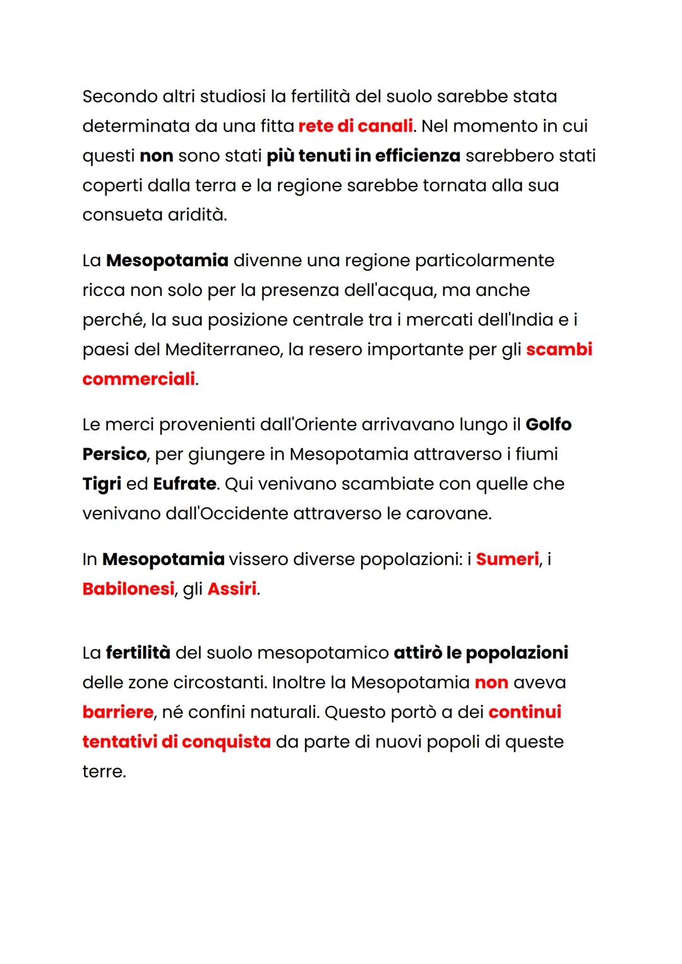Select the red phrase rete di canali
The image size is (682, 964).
[x=356, y=126]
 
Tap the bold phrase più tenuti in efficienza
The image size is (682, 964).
[x=363, y=156]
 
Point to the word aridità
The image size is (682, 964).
[x=196, y=215]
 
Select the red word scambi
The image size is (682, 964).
[x=559, y=350]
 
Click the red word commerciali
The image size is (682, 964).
[x=138, y=379]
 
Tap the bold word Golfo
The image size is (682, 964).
[x=548, y=425]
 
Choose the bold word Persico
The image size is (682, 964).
[x=114, y=455]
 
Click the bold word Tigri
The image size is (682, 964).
[x=102, y=484]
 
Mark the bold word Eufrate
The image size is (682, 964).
[x=184, y=484]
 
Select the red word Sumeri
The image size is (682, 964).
[x=507, y=559]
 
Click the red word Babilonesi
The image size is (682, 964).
[x=128, y=589]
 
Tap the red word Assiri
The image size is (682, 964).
[x=232, y=589]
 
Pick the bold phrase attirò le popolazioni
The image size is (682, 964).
[x=481, y=653]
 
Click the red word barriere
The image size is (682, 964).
[x=117, y=712]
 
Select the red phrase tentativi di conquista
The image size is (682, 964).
[x=176, y=742]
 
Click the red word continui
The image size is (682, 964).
[x=525, y=712]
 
